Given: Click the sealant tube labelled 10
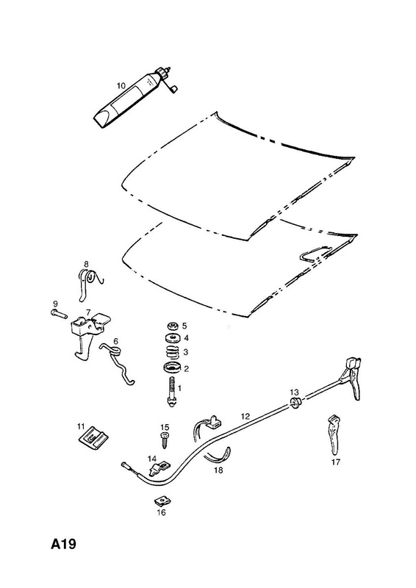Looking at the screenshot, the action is coord(132,98).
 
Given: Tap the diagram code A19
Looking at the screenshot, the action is coord(63,544).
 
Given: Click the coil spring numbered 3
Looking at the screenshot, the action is coord(173,353).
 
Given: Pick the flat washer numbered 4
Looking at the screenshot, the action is coord(173,338).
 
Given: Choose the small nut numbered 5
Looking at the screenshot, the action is coord(173,326).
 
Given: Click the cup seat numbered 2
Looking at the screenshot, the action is coord(173,368).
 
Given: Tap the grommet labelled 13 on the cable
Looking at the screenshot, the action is coord(295,404).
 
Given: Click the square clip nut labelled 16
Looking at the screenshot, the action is coord(160,501).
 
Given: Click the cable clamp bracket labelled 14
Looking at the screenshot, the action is coord(159,469).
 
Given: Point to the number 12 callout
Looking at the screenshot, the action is coord(245,416).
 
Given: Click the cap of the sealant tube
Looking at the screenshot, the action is coord(164,71).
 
